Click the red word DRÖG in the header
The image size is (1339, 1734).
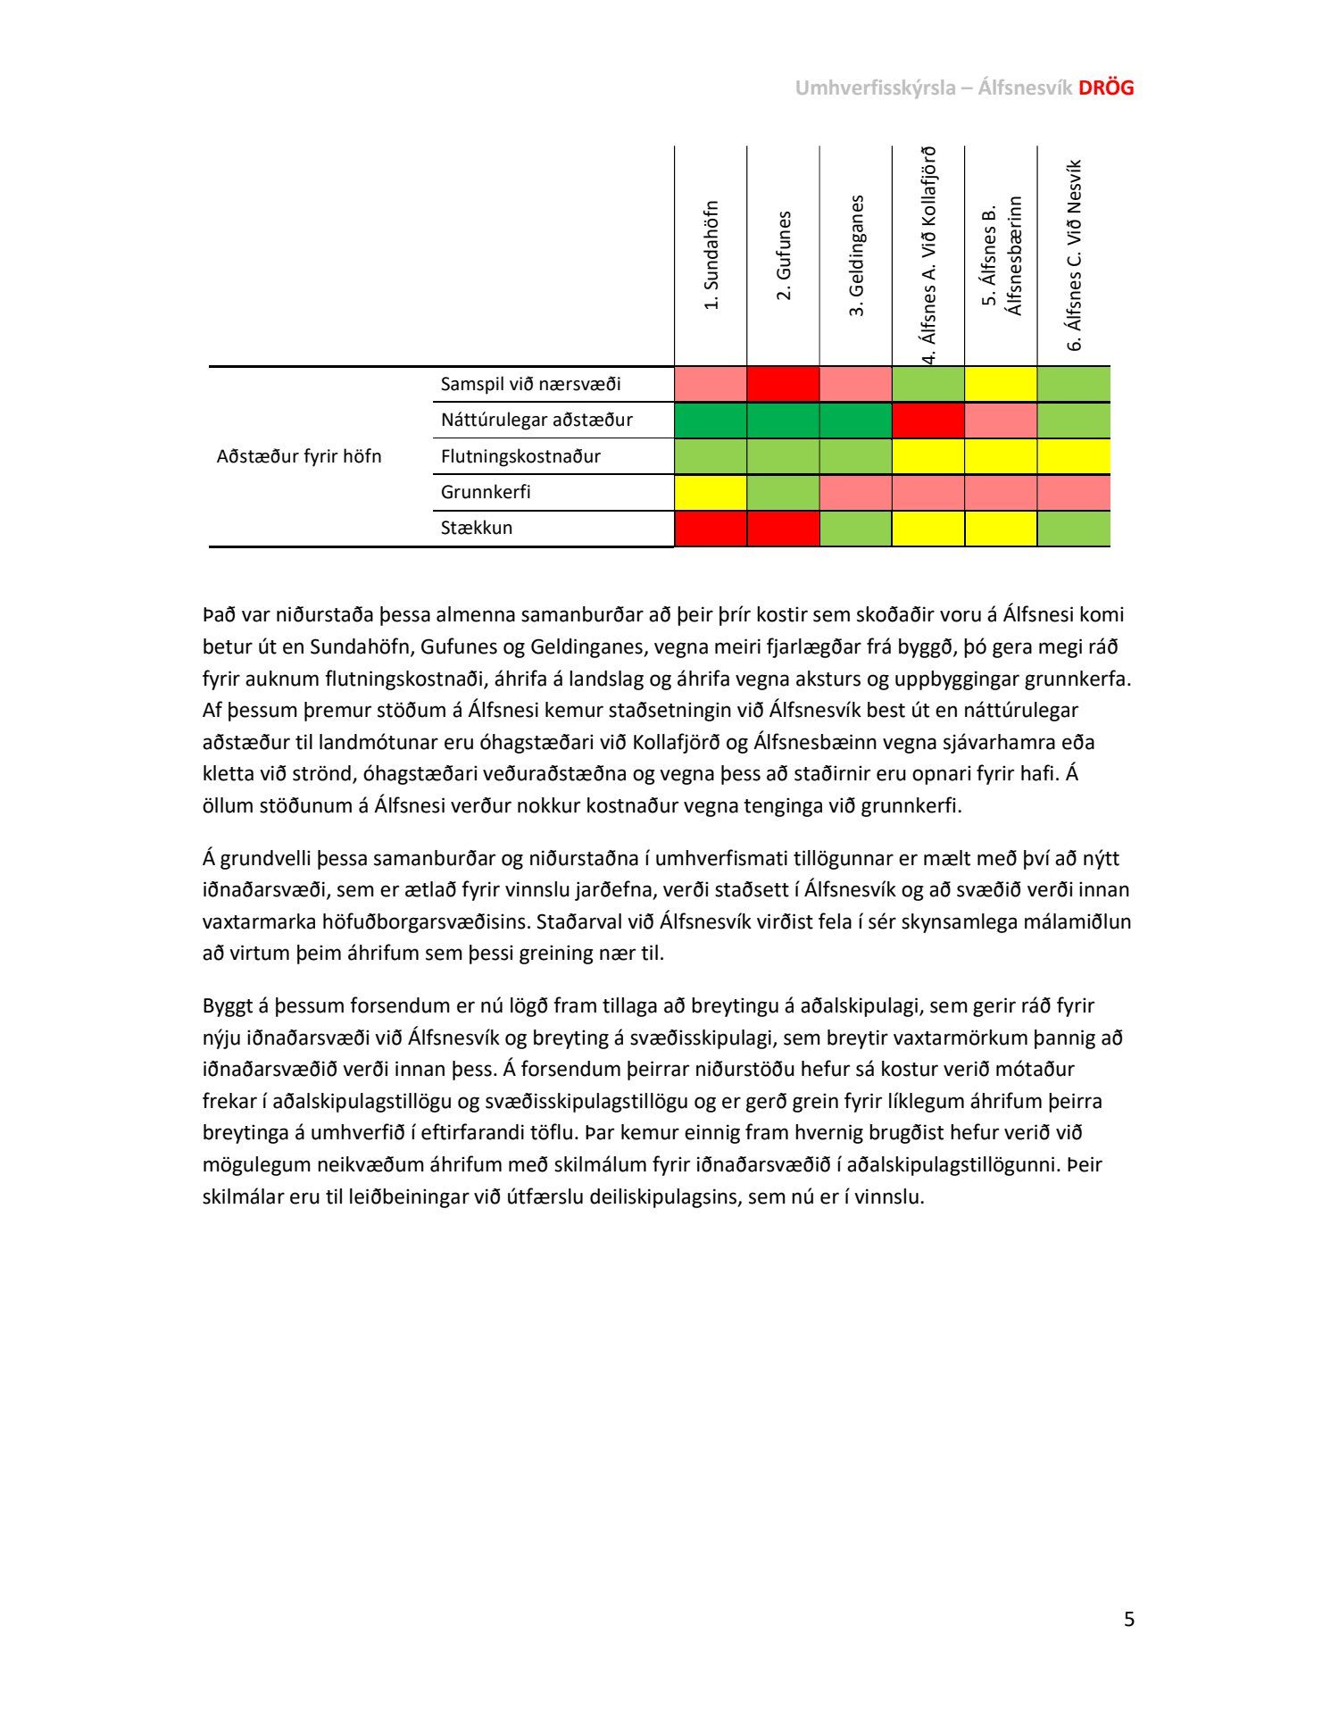tap(1106, 88)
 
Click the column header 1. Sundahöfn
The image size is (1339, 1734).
tap(711, 254)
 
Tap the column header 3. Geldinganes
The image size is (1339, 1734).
tap(857, 255)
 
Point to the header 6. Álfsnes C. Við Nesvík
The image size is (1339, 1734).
tap(1075, 255)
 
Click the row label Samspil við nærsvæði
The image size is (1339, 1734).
tap(530, 384)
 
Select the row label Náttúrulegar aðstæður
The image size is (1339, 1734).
tap(536, 420)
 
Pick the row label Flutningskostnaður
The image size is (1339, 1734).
tap(520, 456)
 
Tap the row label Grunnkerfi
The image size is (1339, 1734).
tap(486, 492)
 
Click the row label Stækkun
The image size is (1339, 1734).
tap(477, 528)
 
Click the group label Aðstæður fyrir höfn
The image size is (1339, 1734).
tap(299, 456)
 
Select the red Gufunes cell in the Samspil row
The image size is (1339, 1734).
tap(784, 384)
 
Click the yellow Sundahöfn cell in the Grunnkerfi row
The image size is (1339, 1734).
tap(711, 492)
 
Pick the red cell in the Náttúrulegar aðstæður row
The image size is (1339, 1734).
tap(928, 420)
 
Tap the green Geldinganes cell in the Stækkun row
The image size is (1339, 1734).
tap(856, 528)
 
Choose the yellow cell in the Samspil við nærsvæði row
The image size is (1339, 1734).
tap(1001, 384)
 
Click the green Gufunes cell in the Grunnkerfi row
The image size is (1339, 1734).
tap(784, 492)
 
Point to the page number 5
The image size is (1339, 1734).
tap(1129, 1619)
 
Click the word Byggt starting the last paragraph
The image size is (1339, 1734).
tap(228, 1006)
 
